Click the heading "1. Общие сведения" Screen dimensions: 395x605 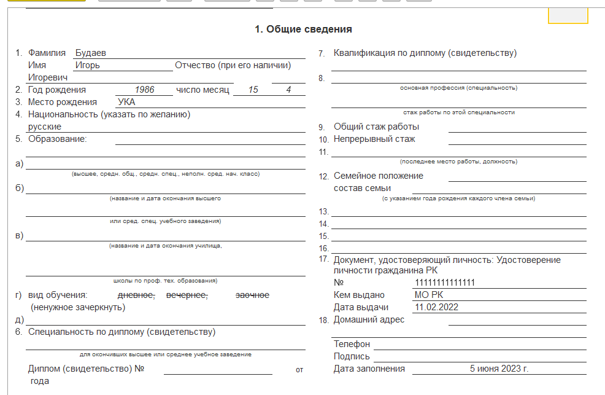click(x=303, y=29)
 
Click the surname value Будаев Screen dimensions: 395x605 click(x=90, y=53)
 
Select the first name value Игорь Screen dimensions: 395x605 click(x=87, y=65)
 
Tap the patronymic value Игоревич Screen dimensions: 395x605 click(x=48, y=77)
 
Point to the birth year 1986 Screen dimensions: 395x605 click(x=145, y=90)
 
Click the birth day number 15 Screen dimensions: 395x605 click(x=254, y=90)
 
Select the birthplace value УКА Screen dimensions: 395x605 click(x=126, y=102)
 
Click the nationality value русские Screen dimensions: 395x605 click(x=45, y=127)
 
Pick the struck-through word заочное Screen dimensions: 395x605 click(x=252, y=295)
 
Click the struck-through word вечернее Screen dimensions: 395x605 click(x=187, y=295)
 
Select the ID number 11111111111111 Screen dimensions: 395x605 click(x=445, y=283)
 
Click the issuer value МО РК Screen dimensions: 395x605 click(x=429, y=295)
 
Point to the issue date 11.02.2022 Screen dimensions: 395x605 click(x=436, y=308)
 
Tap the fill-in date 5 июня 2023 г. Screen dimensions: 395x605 click(x=499, y=369)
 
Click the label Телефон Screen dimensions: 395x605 click(x=352, y=344)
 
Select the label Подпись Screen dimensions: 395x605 click(x=352, y=356)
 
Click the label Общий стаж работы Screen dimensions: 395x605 click(x=376, y=127)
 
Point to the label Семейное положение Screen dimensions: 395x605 click(x=378, y=176)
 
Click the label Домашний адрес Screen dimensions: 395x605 click(x=369, y=320)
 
